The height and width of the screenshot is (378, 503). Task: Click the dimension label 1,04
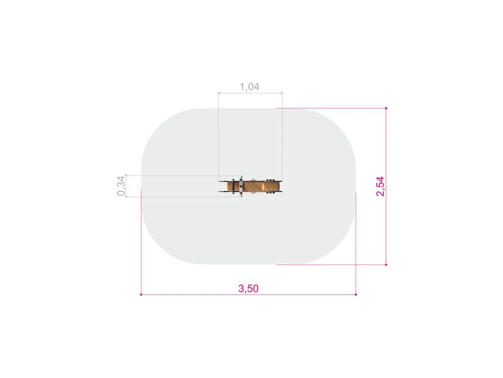[x=249, y=86]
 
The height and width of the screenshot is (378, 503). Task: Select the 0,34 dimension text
[x=121, y=186]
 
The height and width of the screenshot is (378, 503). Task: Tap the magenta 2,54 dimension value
[x=380, y=186]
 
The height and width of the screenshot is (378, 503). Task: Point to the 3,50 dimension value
[x=248, y=288]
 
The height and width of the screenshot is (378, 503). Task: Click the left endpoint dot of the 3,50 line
[x=141, y=295]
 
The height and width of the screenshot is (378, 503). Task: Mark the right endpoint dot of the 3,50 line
[x=356, y=295]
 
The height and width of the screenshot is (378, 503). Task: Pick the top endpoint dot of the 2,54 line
[x=386, y=108]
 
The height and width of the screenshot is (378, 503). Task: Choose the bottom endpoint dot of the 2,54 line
[x=386, y=264]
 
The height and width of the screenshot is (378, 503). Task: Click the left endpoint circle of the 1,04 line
[x=219, y=93]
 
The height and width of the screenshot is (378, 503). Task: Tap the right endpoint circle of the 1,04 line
[x=282, y=93]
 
